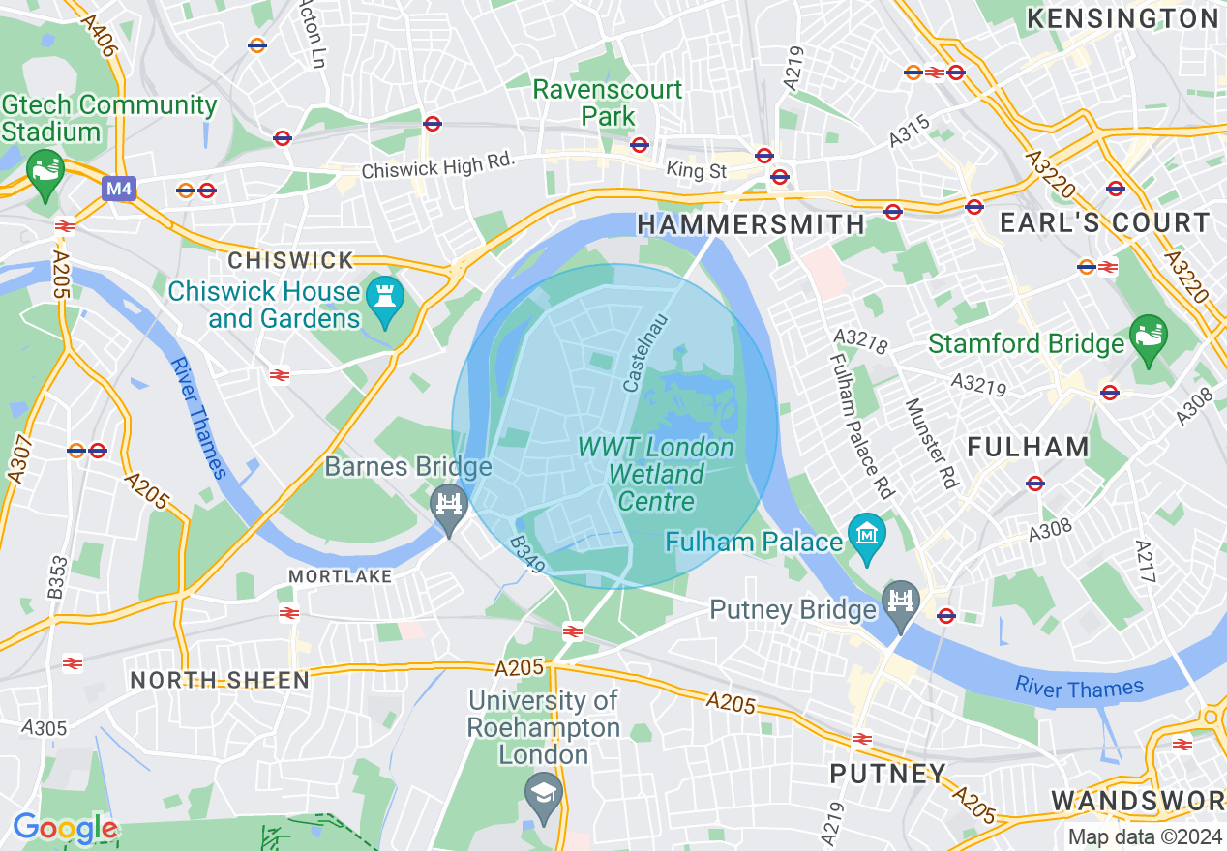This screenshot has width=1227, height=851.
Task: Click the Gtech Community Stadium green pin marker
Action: (44, 173)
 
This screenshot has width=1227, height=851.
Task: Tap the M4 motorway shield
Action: (118, 189)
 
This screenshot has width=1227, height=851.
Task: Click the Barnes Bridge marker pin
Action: (449, 507)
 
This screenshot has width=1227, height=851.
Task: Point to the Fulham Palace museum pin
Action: (866, 537)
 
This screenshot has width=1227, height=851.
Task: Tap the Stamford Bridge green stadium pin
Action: (1148, 338)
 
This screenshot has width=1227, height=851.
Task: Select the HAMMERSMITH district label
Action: (751, 224)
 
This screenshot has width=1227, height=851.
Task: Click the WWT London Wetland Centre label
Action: (656, 474)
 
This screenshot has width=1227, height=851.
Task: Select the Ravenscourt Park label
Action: (608, 103)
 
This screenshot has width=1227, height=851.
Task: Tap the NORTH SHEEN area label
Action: (220, 680)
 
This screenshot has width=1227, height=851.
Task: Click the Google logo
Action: (64, 828)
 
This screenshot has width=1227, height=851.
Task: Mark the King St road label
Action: (696, 171)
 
